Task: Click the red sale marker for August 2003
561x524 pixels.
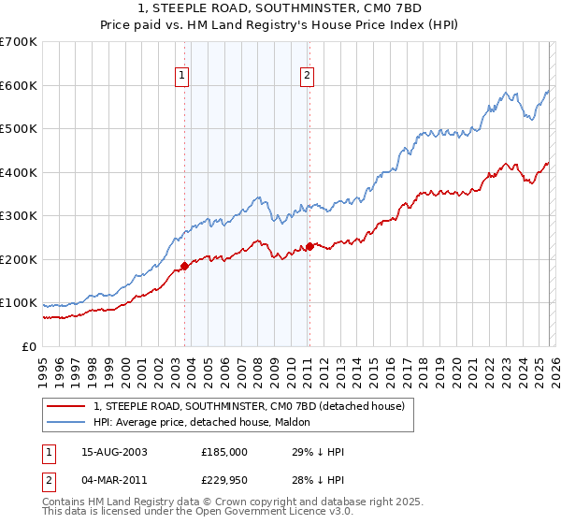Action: click(x=184, y=266)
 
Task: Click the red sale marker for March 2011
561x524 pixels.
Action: click(x=309, y=247)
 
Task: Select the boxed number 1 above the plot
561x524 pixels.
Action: click(x=181, y=78)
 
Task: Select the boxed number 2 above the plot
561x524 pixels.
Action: click(x=307, y=78)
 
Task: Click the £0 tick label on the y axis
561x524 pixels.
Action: click(x=27, y=346)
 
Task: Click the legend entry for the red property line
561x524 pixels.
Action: click(x=249, y=406)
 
